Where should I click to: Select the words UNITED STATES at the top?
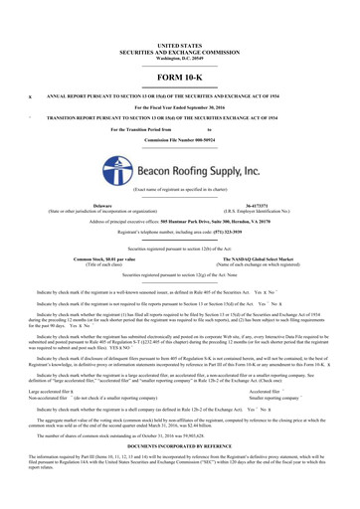[x=179, y=46]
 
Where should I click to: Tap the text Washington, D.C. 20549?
[x=179, y=58]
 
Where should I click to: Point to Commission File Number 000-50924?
[x=179, y=141]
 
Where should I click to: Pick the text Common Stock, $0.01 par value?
[x=102, y=258]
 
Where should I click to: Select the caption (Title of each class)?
[x=102, y=264]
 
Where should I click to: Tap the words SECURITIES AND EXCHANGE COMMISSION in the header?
[x=179, y=52]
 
